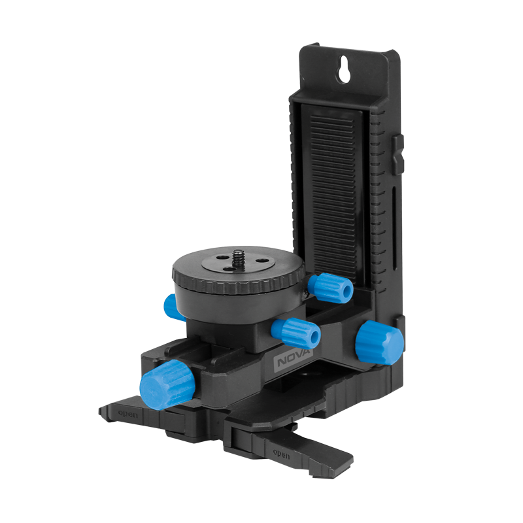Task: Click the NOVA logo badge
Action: click(x=293, y=360)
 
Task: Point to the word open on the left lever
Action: click(x=127, y=414)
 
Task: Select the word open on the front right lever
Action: click(x=281, y=454)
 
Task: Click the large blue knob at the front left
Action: click(x=167, y=384)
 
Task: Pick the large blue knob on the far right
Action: click(x=379, y=343)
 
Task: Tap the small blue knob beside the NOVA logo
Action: click(x=295, y=333)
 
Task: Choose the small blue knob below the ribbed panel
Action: click(x=330, y=288)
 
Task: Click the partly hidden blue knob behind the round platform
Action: click(x=171, y=307)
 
